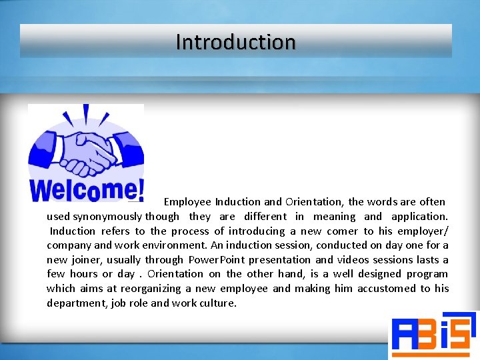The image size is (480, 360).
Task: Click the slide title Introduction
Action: click(x=235, y=42)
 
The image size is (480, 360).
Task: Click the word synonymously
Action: click(x=107, y=217)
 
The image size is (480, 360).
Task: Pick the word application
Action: click(x=419, y=217)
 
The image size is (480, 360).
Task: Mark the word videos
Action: click(x=356, y=260)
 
